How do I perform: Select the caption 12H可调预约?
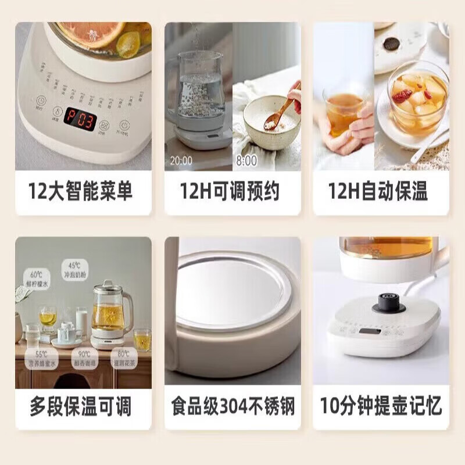232,191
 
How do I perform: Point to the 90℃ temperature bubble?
85,356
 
